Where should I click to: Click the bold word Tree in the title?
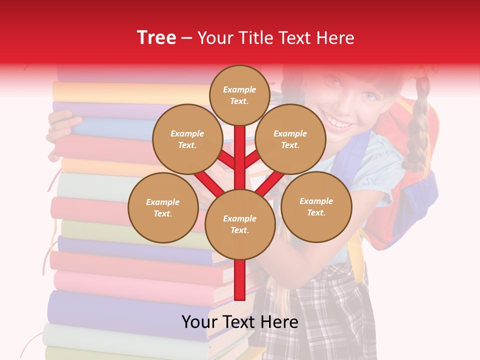click(156, 37)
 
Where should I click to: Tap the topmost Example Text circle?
click(239, 95)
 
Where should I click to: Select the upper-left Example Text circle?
click(187, 139)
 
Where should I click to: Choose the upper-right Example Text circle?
click(290, 139)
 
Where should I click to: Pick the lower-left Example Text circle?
click(163, 207)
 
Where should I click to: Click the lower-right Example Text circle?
click(316, 206)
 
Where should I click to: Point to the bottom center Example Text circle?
click(240, 224)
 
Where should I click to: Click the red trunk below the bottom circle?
click(240, 280)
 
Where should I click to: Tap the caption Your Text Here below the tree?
click(240, 322)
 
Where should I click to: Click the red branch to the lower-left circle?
click(207, 182)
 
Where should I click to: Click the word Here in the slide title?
click(335, 38)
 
